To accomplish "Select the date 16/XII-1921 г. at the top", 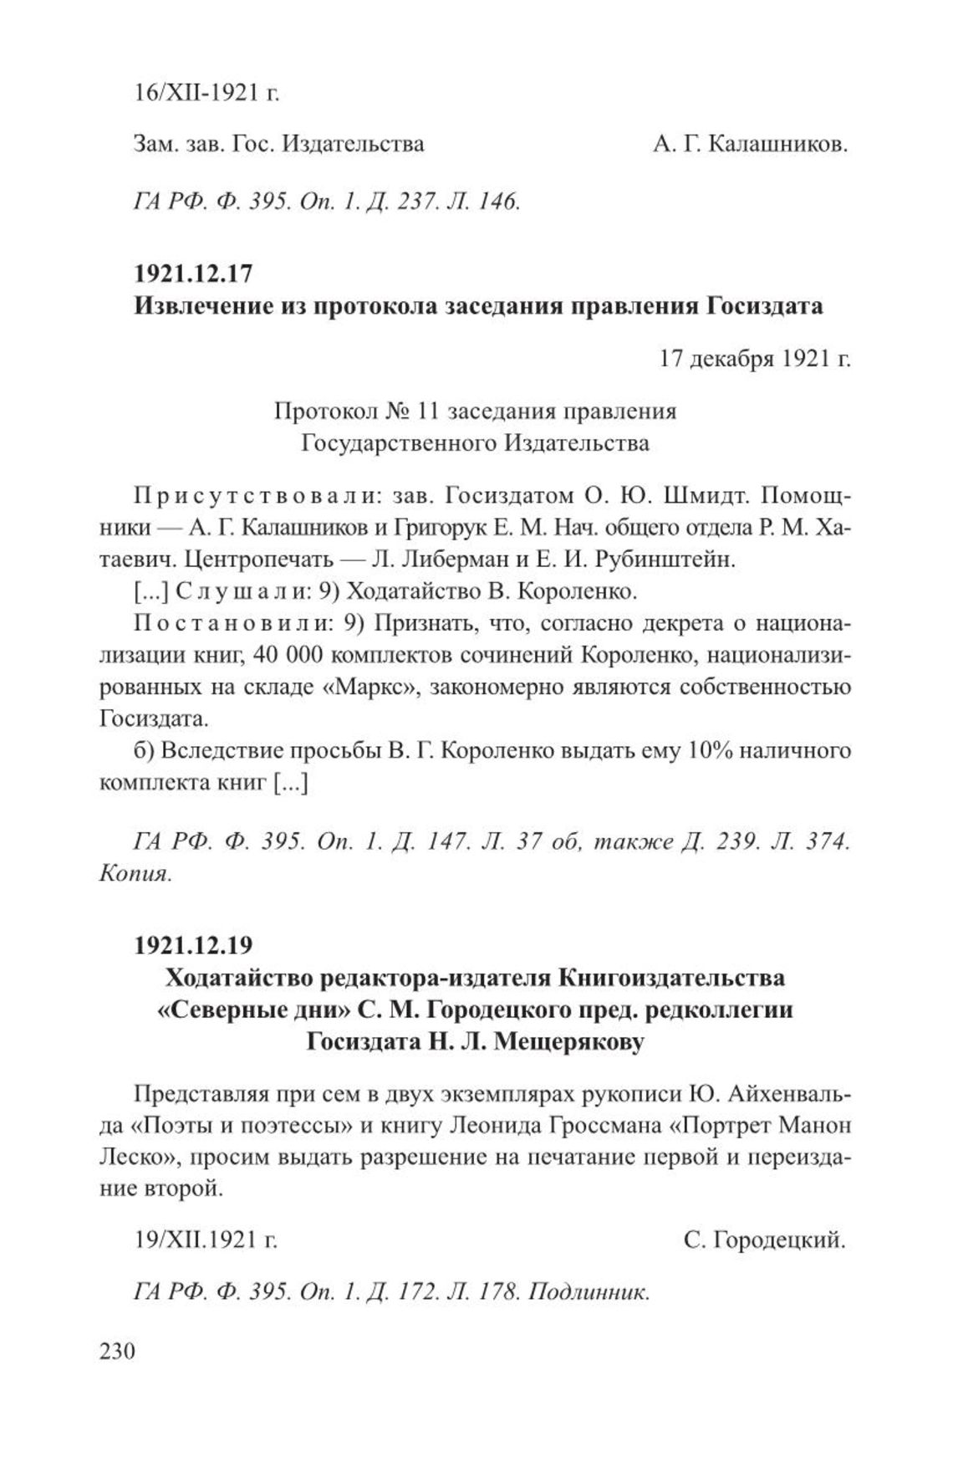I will coord(206,92).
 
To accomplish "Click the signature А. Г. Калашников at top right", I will coord(751,144).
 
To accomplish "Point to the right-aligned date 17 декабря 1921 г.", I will coord(754,359).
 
